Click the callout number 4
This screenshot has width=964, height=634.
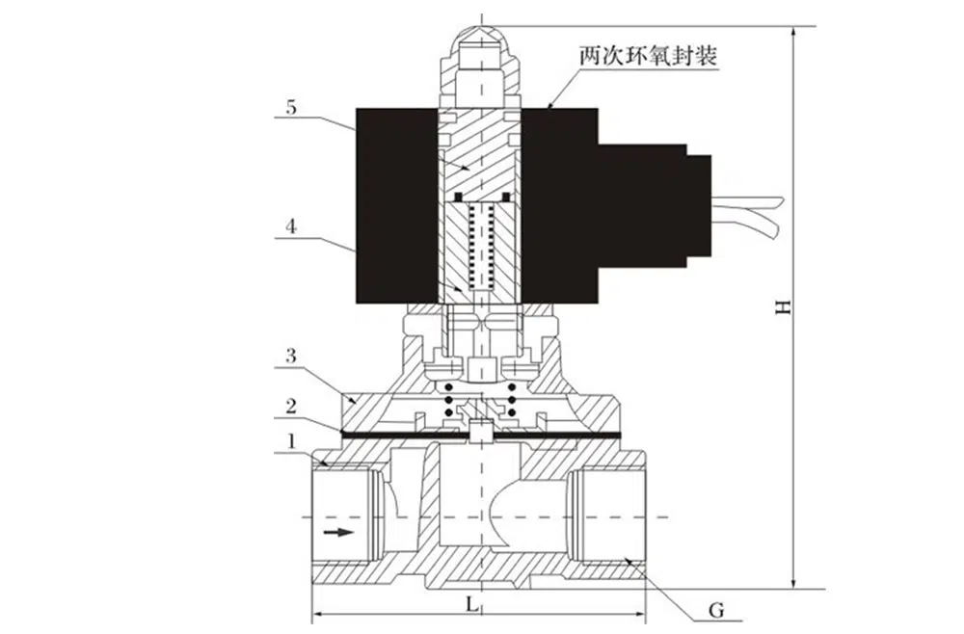click(289, 229)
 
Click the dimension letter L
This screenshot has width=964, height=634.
click(469, 604)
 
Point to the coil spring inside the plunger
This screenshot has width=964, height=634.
click(479, 246)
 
